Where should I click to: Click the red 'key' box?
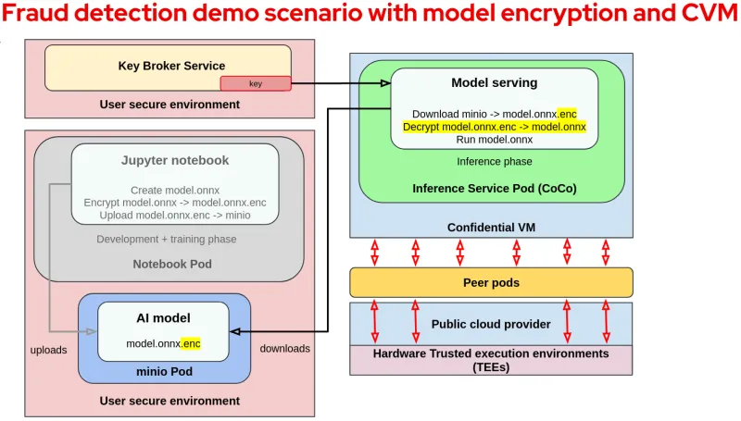[256, 83]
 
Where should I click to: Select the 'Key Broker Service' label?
[171, 66]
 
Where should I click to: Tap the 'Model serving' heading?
[494, 82]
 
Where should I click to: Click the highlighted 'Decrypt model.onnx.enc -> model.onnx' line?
[494, 127]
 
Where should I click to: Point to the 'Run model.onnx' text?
[494, 140]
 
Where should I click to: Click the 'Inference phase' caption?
[494, 161]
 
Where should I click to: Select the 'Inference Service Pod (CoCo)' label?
[494, 188]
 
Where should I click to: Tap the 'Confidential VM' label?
[491, 228]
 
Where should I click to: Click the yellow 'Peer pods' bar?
[491, 282]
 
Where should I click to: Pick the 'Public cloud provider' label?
[491, 324]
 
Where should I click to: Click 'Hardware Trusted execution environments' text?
[491, 353]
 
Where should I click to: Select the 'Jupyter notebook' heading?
[175, 160]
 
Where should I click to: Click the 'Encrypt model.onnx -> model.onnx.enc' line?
[175, 203]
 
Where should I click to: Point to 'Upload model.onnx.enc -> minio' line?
[175, 216]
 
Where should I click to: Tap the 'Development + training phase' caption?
[167, 239]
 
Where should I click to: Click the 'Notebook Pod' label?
[172, 264]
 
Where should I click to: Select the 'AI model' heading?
[163, 317]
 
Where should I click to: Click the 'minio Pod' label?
[164, 371]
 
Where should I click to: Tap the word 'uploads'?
[48, 349]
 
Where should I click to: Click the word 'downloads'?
[284, 349]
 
